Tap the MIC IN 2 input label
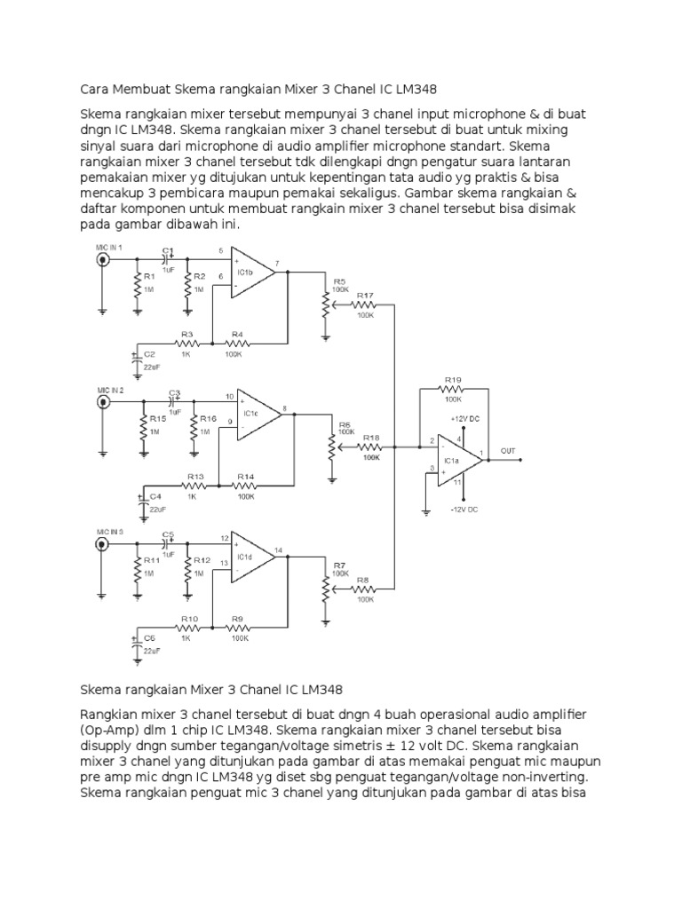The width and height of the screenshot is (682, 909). coord(110,390)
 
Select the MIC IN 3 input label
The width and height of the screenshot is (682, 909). coord(110,531)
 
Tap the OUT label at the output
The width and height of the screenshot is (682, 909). coord(508,450)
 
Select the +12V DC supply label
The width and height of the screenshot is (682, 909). coord(465,417)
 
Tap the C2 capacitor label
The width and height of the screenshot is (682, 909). coord(150,354)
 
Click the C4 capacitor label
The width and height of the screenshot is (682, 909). coord(155,496)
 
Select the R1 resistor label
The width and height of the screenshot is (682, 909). coord(150,277)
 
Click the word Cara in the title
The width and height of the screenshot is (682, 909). coord(95,90)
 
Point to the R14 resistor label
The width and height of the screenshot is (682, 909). coord(244,477)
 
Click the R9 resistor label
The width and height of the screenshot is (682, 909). coord(238,618)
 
